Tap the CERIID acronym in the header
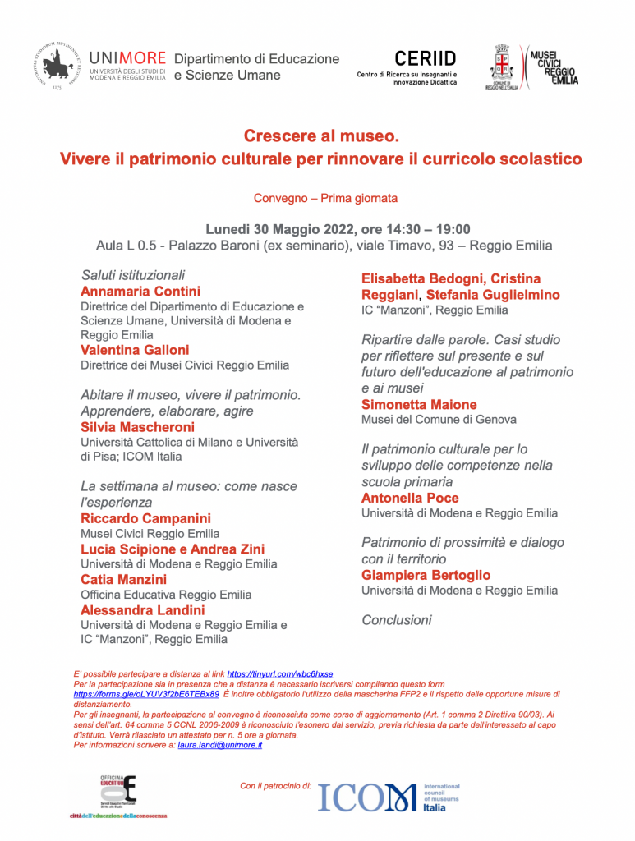pyautogui.click(x=425, y=59)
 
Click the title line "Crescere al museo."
pyautogui.click(x=320, y=136)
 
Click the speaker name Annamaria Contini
pyautogui.click(x=140, y=291)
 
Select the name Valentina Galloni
pyautogui.click(x=135, y=350)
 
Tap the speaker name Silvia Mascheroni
pyautogui.click(x=137, y=427)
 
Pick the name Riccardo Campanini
pyautogui.click(x=145, y=518)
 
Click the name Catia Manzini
pyautogui.click(x=123, y=579)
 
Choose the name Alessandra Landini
pyautogui.click(x=143, y=609)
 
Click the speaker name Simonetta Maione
pyautogui.click(x=419, y=404)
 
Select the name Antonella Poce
pyautogui.click(x=410, y=498)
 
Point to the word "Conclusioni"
pyautogui.click(x=397, y=620)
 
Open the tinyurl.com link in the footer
pyautogui.click(x=279, y=673)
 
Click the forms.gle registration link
pyautogui.click(x=146, y=693)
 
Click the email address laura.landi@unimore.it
pyautogui.click(x=219, y=745)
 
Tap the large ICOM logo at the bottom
pyautogui.click(x=368, y=797)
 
